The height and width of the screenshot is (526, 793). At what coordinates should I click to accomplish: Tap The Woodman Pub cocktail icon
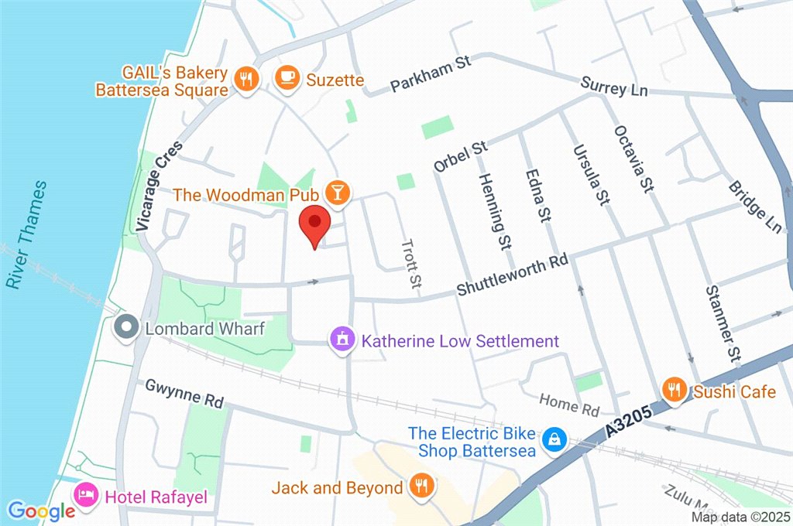[x=337, y=193]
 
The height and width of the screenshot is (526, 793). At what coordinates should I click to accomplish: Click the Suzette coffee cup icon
[x=288, y=77]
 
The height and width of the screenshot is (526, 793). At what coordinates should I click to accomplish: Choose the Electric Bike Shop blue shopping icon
[x=553, y=440]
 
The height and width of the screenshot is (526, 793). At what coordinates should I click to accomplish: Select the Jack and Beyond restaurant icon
[x=422, y=487]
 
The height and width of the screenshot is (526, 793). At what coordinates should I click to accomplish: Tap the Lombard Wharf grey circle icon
[x=125, y=328]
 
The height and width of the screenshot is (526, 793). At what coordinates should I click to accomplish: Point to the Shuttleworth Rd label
[x=512, y=276]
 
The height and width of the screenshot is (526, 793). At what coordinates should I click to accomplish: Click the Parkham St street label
[x=431, y=73]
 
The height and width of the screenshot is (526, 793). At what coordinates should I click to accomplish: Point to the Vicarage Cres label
[x=159, y=186]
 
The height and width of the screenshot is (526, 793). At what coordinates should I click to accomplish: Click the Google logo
[x=42, y=510]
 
